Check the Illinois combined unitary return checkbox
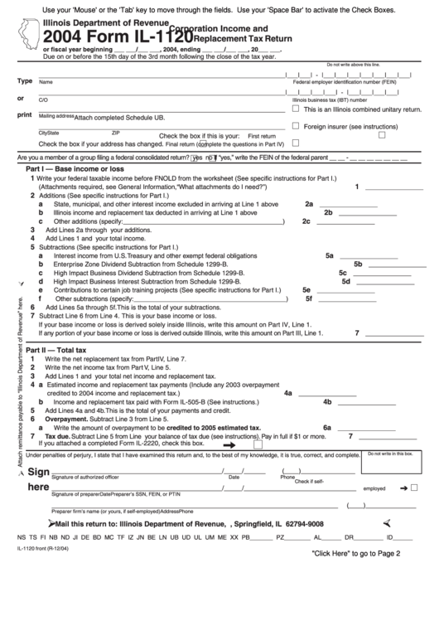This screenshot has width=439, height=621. click(296, 108)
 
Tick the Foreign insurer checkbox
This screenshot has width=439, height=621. click(296, 127)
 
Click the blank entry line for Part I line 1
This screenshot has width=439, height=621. click(389, 187)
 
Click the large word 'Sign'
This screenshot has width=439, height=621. click(39, 472)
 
